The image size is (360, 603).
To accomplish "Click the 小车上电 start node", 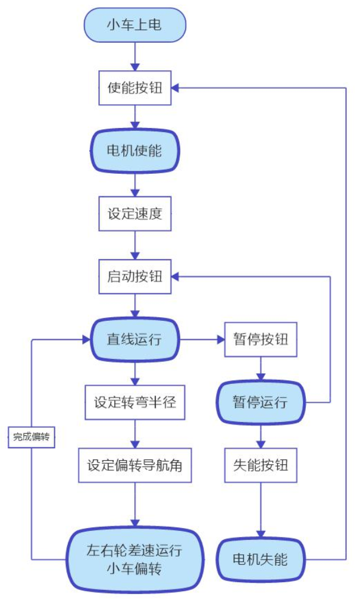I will [134, 25].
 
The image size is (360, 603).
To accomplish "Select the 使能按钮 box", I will [134, 88].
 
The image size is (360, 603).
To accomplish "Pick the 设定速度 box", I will [134, 213].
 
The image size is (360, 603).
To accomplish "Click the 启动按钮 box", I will [134, 276].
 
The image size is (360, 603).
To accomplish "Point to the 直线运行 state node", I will [134, 339].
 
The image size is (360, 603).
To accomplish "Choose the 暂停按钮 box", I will [261, 339].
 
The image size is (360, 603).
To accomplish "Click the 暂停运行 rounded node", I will [261, 402].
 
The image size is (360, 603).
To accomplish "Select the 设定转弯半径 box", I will [134, 402].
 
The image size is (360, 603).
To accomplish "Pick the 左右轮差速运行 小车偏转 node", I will [134, 560].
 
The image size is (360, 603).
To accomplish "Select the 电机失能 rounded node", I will [261, 560].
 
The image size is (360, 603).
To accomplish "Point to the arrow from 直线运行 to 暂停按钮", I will [202, 339].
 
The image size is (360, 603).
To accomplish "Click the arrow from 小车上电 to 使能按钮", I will [134, 57].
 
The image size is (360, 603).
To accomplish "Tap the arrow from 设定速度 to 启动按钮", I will [134, 245].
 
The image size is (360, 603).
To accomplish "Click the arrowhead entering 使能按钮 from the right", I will [177, 88].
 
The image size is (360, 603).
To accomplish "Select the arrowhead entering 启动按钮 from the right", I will [177, 276].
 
